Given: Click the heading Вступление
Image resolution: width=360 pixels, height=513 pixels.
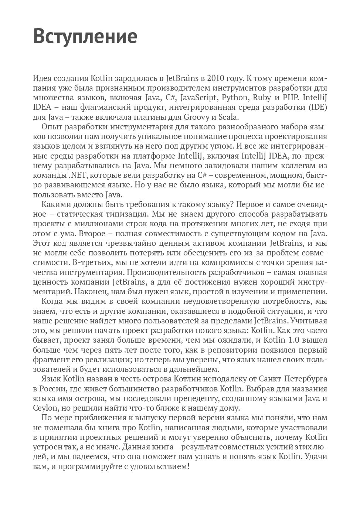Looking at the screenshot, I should tap(85, 37).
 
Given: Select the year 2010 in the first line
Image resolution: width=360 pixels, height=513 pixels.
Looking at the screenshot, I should tap(215, 79).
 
